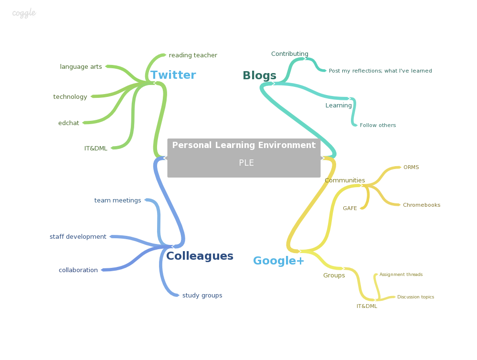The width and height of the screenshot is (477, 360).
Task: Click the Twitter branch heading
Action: pos(173,75)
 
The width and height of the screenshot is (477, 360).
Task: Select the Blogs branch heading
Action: pos(259,75)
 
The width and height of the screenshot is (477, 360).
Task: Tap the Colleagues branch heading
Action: pos(200,256)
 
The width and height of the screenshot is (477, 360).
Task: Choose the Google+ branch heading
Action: pos(278,261)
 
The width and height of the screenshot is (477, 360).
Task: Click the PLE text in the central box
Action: pos(246,163)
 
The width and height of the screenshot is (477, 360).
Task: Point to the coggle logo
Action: pos(24,13)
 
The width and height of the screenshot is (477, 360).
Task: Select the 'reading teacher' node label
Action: pos(193,55)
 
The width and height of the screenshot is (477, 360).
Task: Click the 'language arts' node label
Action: pos(81,67)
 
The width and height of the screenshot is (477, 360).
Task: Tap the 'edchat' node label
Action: pos(69,123)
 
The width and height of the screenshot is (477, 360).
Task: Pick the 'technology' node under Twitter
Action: pos(70,97)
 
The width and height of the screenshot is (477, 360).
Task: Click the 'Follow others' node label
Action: pos(378,126)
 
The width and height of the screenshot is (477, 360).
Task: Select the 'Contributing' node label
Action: pos(290,54)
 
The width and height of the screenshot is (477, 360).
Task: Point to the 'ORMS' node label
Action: pos(411,168)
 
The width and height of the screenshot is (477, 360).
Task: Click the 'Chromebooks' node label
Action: pos(422,205)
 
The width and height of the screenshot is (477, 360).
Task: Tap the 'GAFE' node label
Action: pos(350,209)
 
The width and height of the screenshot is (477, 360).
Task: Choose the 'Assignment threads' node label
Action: pos(401,275)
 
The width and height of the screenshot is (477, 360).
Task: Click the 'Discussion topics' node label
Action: pos(415,297)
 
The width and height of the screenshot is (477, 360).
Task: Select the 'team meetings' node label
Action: pos(117,201)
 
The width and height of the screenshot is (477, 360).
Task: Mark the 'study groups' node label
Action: pos(202,296)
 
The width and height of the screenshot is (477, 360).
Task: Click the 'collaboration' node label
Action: pos(78,270)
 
